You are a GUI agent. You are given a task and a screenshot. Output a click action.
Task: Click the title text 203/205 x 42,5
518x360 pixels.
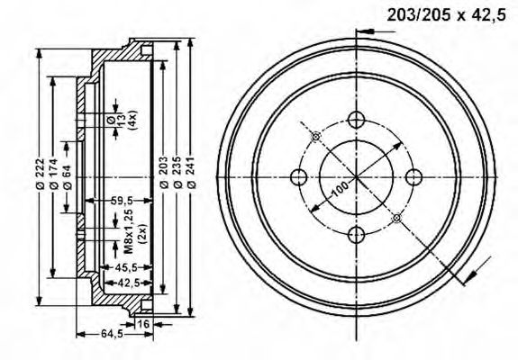[446, 15]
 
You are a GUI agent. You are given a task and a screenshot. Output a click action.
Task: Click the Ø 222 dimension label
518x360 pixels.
[40, 173]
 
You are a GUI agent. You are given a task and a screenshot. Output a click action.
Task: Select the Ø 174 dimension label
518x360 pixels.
[54, 174]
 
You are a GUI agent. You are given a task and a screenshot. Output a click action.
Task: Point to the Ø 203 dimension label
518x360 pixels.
[164, 173]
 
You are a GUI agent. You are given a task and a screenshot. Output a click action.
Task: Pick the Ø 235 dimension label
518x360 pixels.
[177, 173]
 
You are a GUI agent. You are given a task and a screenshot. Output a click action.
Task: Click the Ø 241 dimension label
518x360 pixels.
[192, 173]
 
